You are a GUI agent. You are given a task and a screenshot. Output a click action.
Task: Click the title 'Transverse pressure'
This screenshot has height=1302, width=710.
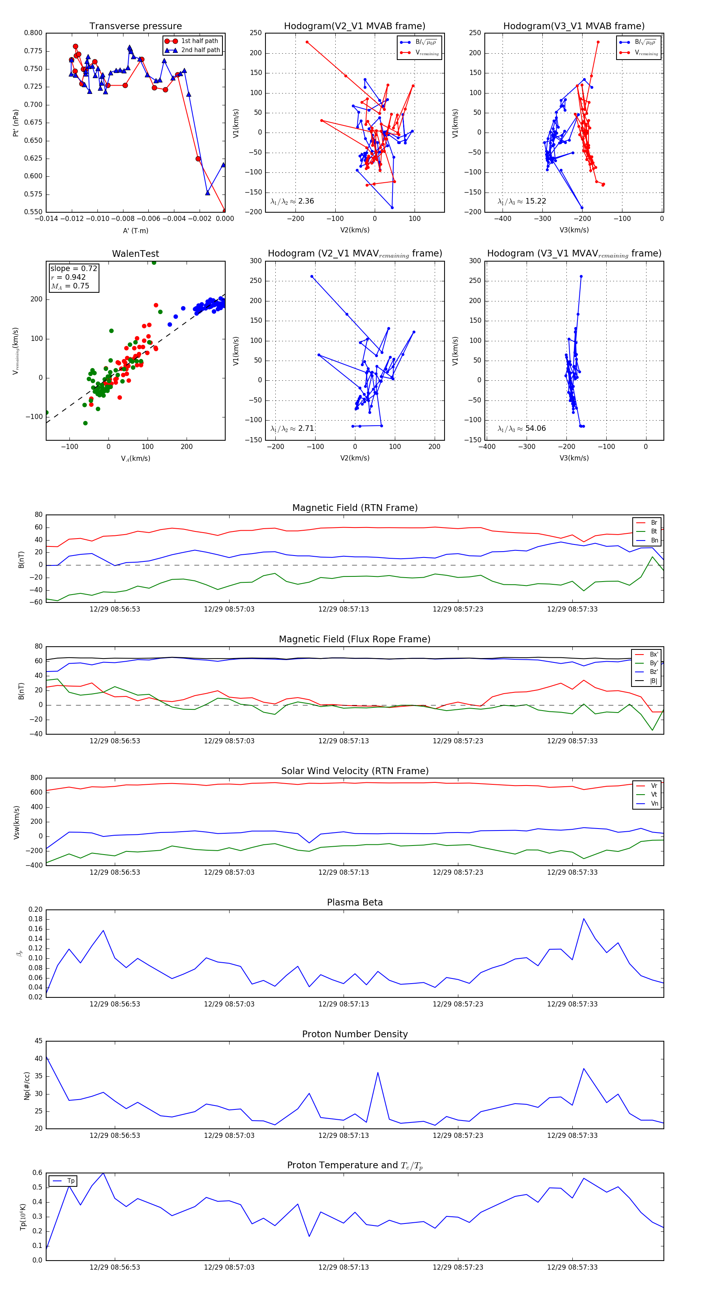(135, 26)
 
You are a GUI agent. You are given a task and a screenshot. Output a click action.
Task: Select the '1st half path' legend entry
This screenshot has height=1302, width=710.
(199, 41)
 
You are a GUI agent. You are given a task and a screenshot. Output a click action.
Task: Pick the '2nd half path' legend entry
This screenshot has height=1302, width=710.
(200, 50)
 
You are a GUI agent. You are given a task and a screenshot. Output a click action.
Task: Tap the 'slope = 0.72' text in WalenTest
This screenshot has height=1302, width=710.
(73, 268)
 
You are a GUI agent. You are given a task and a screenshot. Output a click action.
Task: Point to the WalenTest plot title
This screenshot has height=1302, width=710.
(135, 254)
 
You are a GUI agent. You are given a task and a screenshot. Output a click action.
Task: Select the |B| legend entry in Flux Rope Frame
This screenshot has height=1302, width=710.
(653, 681)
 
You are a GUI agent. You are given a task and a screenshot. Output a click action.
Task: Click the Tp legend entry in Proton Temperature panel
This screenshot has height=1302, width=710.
(70, 1181)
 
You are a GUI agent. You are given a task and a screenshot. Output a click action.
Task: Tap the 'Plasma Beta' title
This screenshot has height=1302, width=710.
(355, 902)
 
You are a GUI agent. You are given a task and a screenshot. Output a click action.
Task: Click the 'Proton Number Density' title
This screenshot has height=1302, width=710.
(355, 1034)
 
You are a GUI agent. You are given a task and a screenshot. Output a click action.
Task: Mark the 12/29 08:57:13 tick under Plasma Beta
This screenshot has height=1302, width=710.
(344, 1004)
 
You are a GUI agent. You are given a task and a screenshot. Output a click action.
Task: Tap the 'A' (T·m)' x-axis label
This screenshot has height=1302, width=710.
(135, 230)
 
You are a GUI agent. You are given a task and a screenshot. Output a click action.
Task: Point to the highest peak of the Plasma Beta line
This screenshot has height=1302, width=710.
(584, 919)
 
